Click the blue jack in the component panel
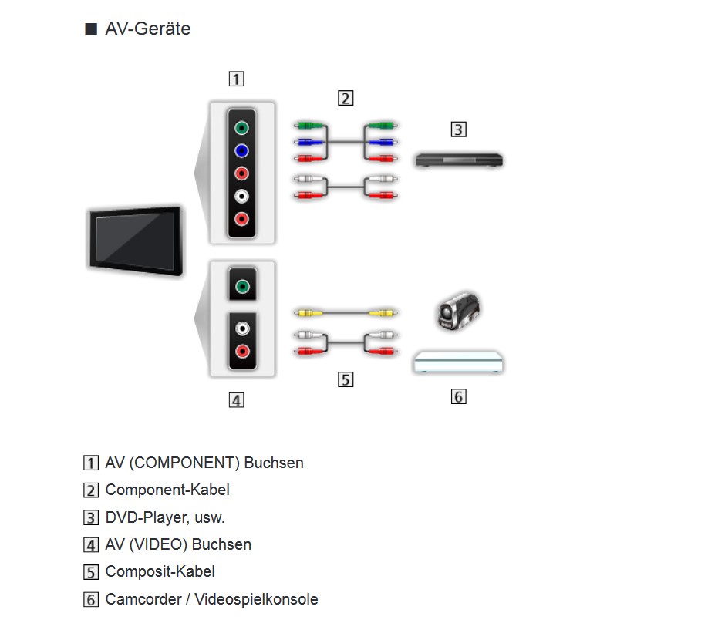tap(242, 151)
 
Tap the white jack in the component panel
tap(242, 196)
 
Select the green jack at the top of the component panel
tap(242, 129)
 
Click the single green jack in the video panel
tap(242, 287)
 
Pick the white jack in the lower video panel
tap(242, 329)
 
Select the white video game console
tap(459, 362)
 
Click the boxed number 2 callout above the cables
tap(345, 98)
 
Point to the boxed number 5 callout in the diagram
tap(345, 379)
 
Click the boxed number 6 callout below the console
tap(458, 396)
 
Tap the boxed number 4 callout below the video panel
tap(236, 399)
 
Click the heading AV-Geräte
tap(147, 29)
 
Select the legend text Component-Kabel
tap(167, 490)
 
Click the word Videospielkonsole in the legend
tap(256, 599)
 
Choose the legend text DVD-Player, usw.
tap(165, 517)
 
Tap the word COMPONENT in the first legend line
tap(186, 463)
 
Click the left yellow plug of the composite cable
tap(306, 313)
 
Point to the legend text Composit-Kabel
tap(160, 571)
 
